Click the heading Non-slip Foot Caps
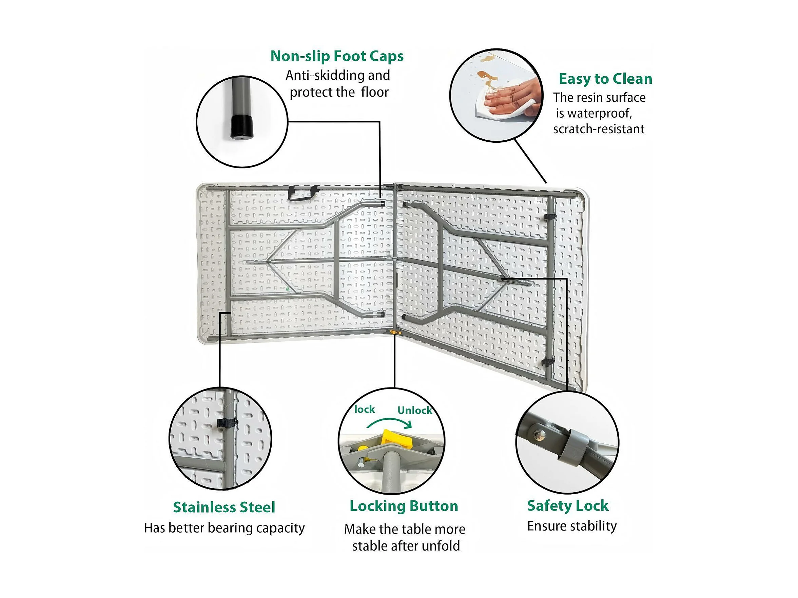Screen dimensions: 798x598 337,56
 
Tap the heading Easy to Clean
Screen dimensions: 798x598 605,79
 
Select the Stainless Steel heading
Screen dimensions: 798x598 224,507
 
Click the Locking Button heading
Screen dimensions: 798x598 404,506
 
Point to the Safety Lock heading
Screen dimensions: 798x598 568,506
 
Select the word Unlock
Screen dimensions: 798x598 414,411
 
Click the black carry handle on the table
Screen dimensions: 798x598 303,193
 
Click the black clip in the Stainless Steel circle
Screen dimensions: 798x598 227,423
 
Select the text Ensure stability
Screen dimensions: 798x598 572,526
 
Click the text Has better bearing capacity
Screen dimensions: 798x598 224,528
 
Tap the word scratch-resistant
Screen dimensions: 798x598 599,129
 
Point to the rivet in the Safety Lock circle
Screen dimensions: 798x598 539,435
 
